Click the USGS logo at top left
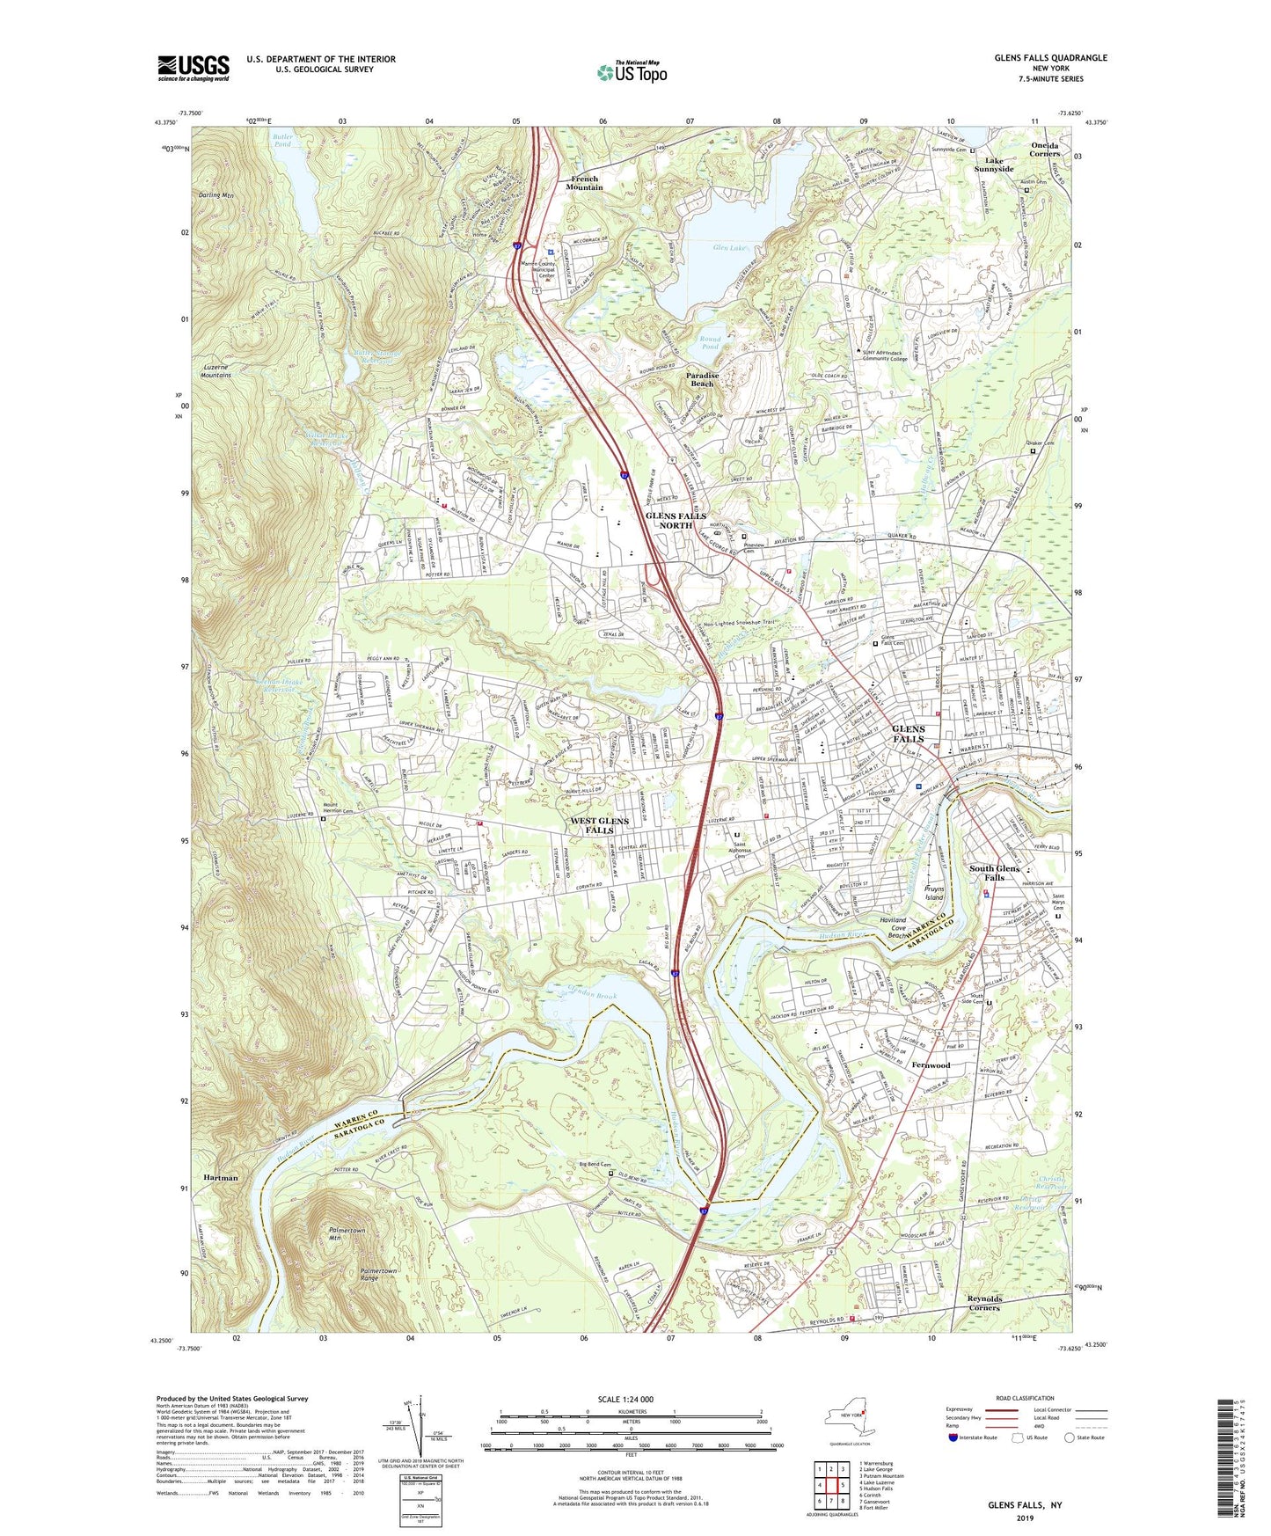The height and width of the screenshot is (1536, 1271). [194, 68]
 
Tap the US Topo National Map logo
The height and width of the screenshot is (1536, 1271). [631, 72]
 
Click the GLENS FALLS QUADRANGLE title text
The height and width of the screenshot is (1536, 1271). [1050, 58]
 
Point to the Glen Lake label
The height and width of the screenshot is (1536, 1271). [729, 248]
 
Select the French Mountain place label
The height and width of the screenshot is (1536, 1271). [584, 183]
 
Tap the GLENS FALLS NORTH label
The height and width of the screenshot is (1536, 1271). [676, 520]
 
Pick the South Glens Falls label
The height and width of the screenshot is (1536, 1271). [994, 873]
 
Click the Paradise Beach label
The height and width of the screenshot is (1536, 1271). [702, 379]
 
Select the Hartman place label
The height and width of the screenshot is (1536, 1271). [220, 1177]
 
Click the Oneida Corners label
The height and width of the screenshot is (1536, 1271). [1044, 149]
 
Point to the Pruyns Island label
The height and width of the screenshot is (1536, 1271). [934, 893]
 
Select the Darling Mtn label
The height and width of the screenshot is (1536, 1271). [215, 195]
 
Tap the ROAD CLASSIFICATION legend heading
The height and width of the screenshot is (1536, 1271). [1026, 1398]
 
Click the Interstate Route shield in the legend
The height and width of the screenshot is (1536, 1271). [953, 1437]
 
